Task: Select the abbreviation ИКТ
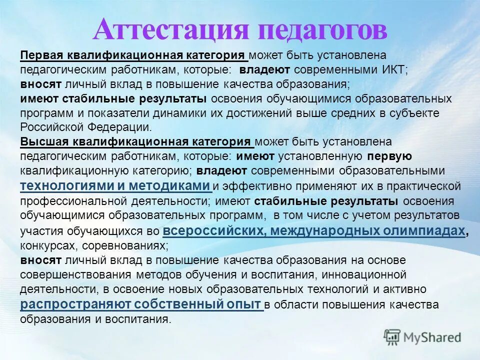(x=397, y=69)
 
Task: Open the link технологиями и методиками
(x=115, y=186)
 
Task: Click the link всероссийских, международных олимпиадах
(x=314, y=230)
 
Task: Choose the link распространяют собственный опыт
(x=141, y=304)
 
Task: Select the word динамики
(x=184, y=112)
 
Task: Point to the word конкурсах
(x=43, y=246)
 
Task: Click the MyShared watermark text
(x=431, y=337)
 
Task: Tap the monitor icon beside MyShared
(x=392, y=337)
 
